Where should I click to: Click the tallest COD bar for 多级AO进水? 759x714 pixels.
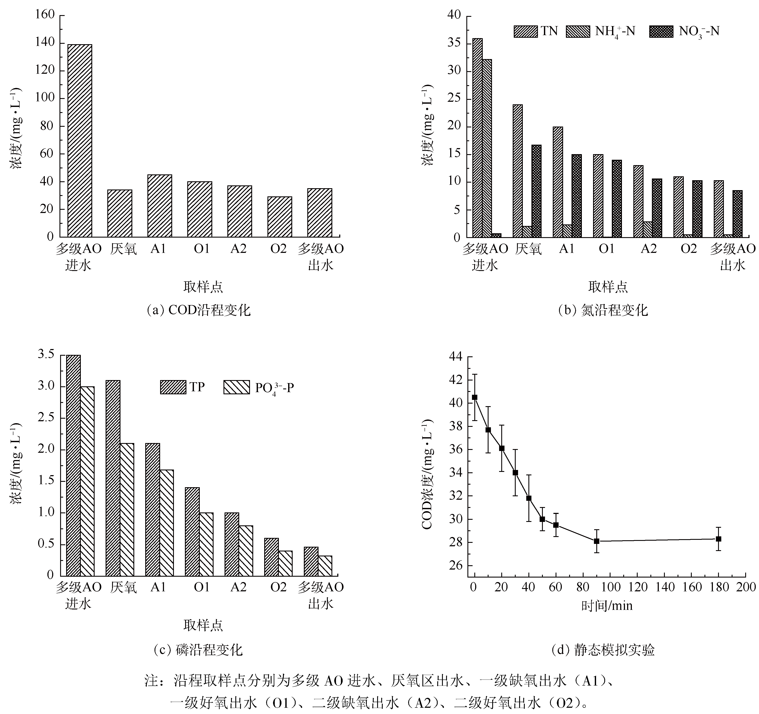point(80,141)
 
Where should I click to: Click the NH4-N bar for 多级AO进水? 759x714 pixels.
point(487,148)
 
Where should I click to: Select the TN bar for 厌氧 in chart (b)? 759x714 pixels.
point(518,171)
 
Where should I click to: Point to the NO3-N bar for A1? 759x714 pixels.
point(576,196)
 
